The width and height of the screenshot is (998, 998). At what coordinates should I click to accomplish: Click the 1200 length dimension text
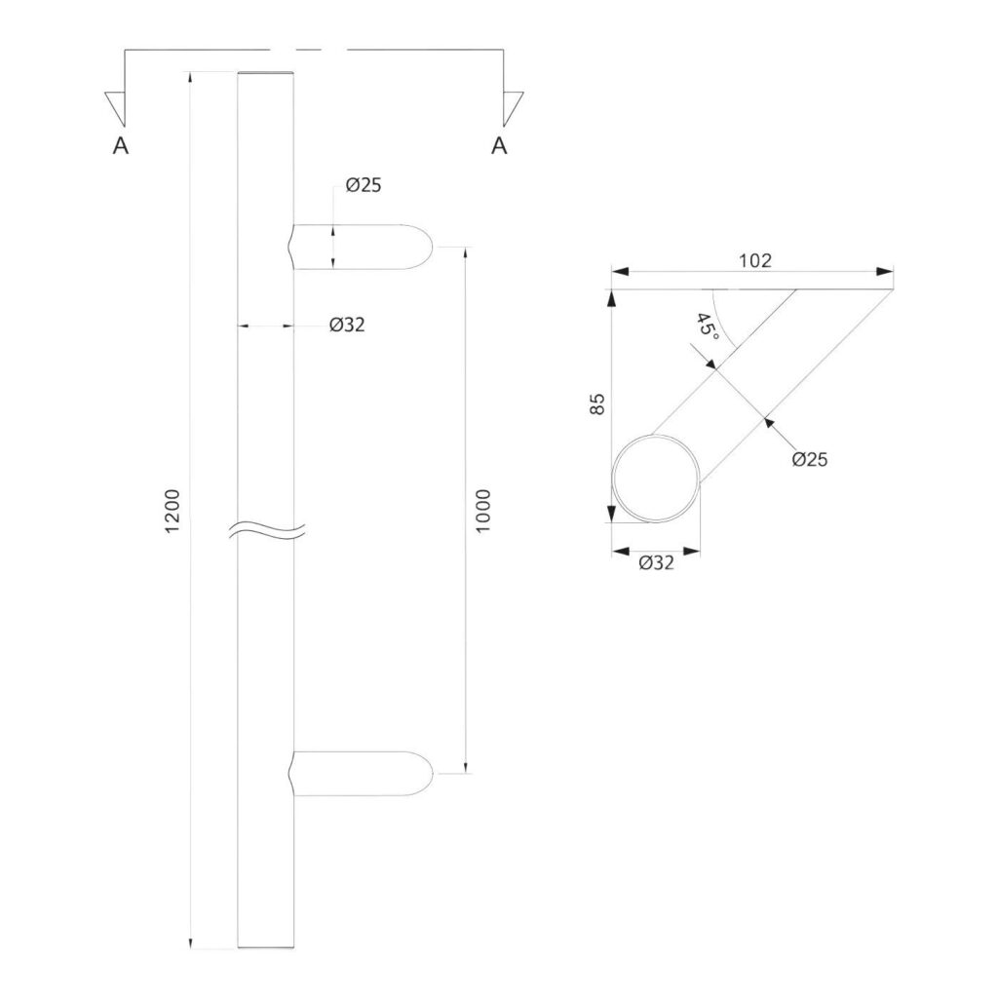click(x=173, y=510)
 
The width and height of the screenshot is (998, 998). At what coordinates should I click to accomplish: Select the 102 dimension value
click(x=755, y=260)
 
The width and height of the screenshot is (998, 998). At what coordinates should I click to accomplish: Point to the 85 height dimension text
click(x=598, y=404)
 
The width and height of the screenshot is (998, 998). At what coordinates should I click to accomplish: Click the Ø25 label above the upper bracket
click(x=363, y=185)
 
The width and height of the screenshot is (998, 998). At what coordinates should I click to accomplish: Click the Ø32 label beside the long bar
click(x=347, y=326)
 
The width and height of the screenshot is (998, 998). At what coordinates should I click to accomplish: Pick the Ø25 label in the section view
click(x=809, y=459)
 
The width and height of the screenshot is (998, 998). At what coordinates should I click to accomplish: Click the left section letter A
click(x=121, y=146)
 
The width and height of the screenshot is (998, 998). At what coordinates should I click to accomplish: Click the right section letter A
click(x=499, y=146)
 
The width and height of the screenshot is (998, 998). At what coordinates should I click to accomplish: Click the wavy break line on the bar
click(x=267, y=530)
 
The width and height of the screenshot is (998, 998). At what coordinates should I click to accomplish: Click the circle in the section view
click(x=655, y=478)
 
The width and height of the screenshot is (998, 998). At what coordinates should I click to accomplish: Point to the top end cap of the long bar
click(x=266, y=74)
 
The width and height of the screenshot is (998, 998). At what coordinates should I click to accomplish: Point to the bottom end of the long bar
click(x=266, y=945)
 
